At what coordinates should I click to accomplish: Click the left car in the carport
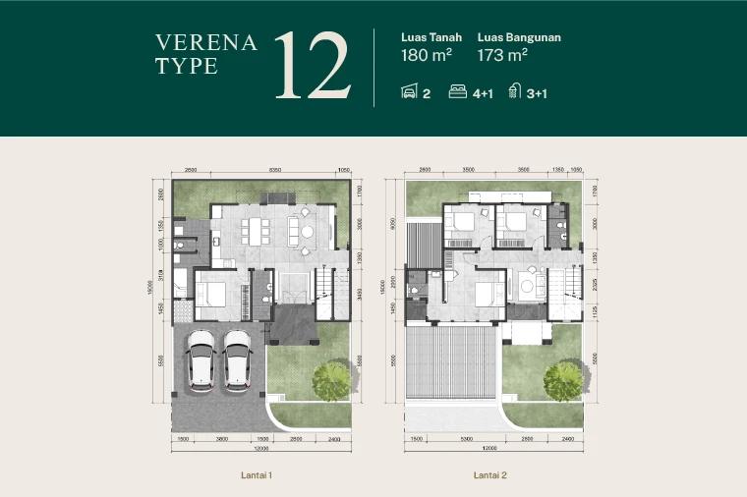coord(201,359)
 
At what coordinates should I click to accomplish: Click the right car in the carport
coord(238,359)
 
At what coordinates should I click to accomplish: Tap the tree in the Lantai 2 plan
coord(564,379)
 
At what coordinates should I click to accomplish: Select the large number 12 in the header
coord(313,66)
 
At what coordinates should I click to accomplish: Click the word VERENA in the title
coord(206,42)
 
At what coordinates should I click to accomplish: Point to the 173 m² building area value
coord(503,55)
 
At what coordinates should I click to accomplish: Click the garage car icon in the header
coord(410,92)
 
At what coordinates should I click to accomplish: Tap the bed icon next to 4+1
coord(457,92)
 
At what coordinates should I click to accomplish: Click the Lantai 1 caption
coord(257,475)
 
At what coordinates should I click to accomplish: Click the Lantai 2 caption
coord(489,475)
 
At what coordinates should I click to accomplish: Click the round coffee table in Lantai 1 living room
coord(307,232)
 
